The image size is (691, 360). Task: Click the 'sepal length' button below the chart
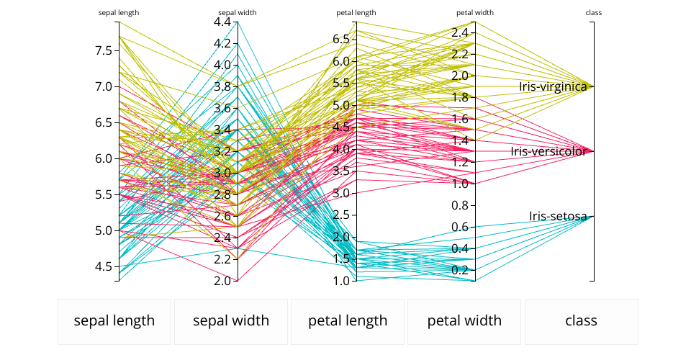[x=114, y=321]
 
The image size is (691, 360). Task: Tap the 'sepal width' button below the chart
[x=231, y=321]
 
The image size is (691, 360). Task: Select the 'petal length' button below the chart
[x=348, y=321]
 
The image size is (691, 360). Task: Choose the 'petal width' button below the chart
[x=464, y=321]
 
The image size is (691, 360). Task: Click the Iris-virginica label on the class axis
[x=553, y=86]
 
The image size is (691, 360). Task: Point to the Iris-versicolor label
[x=548, y=151]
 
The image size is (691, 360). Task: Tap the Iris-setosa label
[x=558, y=216]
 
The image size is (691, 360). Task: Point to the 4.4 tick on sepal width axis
[x=222, y=22]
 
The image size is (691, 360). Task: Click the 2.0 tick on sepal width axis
[x=222, y=281]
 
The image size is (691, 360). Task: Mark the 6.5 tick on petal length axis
[x=341, y=38]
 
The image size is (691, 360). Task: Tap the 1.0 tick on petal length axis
[x=341, y=281]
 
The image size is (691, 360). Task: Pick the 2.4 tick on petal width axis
[x=460, y=32]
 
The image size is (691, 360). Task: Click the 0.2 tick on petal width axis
[x=460, y=270]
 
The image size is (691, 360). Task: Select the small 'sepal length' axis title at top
[x=119, y=13]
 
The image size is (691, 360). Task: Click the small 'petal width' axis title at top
[x=475, y=13]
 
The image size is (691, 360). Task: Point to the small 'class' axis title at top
[x=594, y=13]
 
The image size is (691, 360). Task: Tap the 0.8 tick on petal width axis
[x=460, y=205]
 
